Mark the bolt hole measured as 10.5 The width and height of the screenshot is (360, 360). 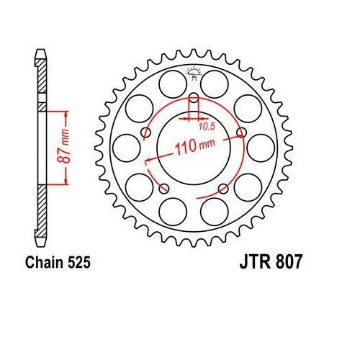pyautogui.click(x=193, y=98)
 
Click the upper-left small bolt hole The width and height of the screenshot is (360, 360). pyautogui.click(x=147, y=131)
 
